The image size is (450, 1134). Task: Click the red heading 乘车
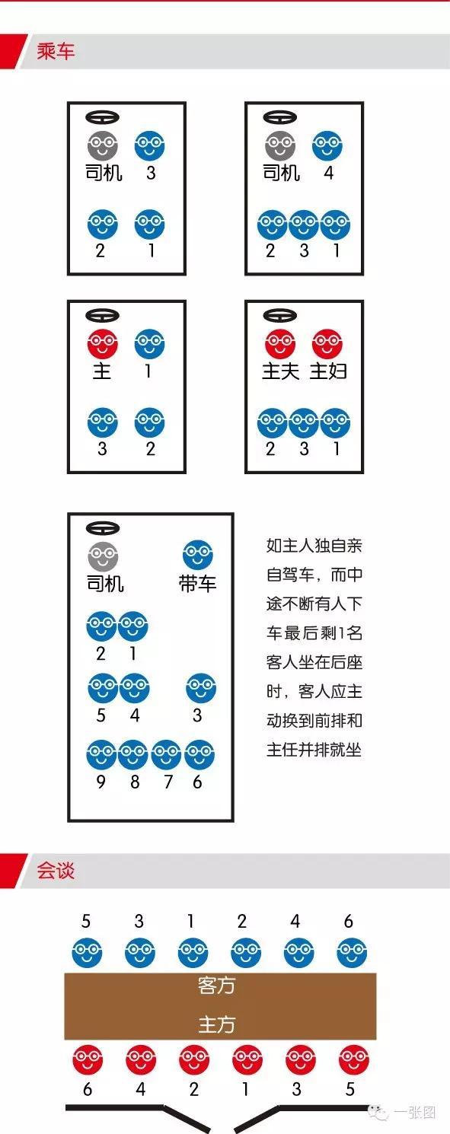pos(56,51)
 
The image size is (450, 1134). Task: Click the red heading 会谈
pos(56,870)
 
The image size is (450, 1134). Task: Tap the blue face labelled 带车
pos(198,555)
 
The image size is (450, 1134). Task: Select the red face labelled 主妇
pos(327,344)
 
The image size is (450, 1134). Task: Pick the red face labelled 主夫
pos(279,344)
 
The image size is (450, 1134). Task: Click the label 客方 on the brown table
pos(216,986)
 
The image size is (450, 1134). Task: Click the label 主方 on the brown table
pos(216,1024)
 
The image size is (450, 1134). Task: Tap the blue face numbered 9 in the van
pos(101,754)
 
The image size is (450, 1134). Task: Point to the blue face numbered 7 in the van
pos(166,754)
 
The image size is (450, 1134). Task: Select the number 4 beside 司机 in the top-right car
pos(328,173)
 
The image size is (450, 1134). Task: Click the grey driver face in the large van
pos(103,556)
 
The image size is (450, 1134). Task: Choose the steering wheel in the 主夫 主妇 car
pos(279,315)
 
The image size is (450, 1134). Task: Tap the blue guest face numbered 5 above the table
pos(87,952)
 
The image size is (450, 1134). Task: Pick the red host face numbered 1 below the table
pos(247,1059)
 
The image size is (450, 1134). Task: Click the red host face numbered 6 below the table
pos(88,1059)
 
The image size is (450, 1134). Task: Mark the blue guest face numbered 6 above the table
pos(352,952)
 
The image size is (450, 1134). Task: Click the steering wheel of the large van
pos(103,528)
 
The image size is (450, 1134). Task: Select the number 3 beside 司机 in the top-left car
pos(151,173)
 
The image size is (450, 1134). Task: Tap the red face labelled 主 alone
pos(102,344)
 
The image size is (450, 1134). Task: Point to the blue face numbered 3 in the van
pos(201,688)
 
